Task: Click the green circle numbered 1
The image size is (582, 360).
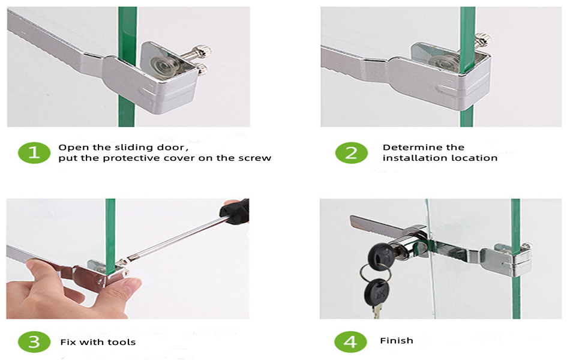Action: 34,152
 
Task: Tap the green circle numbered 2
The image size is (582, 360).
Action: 351,152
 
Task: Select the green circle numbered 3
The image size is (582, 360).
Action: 34,341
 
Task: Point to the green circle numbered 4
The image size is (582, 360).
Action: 351,341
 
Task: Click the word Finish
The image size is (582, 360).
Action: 397,340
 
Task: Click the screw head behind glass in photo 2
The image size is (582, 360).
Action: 483,40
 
